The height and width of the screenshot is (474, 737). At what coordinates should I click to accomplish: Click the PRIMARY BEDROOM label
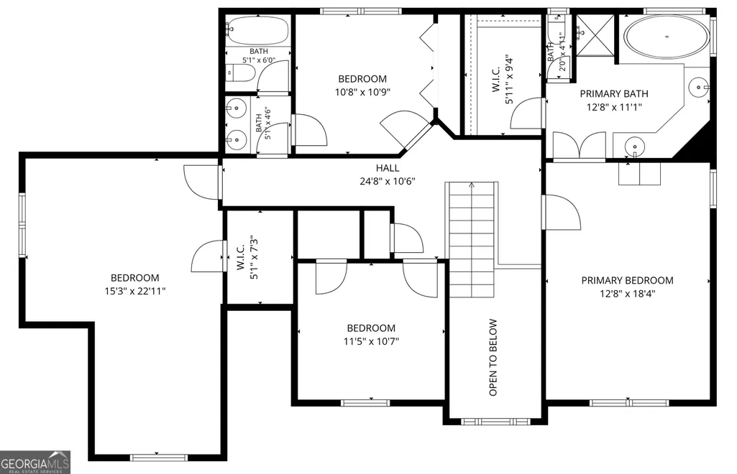tap(628, 281)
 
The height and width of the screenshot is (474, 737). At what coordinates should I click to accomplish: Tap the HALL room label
tap(388, 168)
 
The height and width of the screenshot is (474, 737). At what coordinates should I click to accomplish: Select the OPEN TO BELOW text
tap(493, 358)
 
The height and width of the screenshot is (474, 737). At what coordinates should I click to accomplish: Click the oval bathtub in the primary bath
tap(667, 37)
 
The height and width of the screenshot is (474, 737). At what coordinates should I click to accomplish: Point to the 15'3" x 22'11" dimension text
tap(135, 292)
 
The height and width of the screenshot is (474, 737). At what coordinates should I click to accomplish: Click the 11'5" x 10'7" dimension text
tap(371, 342)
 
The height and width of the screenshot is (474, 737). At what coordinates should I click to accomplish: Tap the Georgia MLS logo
tap(35, 462)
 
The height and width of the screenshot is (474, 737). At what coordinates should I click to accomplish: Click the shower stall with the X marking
tap(595, 35)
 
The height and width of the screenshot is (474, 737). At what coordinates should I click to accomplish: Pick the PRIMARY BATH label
tap(614, 94)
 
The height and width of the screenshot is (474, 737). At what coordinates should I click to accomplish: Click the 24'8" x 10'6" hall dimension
tap(388, 181)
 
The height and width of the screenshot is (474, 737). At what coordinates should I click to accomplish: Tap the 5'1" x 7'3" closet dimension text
tap(254, 257)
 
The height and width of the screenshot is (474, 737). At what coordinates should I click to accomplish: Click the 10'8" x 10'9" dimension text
tap(362, 92)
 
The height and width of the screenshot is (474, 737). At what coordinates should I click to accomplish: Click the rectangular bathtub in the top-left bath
tap(257, 30)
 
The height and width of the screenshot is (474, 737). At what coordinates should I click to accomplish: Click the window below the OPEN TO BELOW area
tap(496, 422)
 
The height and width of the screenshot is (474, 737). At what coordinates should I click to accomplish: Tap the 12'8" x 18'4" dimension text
tap(628, 294)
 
